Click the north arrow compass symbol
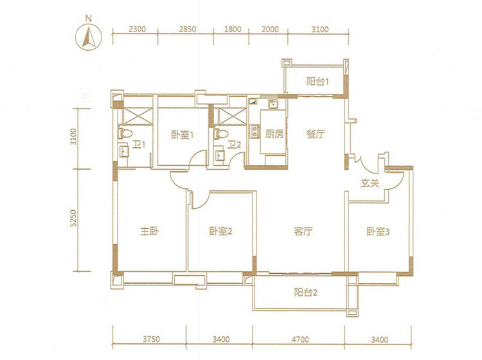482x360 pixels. [x=89, y=37]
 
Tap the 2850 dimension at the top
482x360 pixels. [x=188, y=29]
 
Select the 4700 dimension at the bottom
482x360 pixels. [x=300, y=339]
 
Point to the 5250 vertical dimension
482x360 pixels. [x=73, y=219]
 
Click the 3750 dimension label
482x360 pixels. [x=151, y=339]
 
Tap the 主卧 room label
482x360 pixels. [x=149, y=231]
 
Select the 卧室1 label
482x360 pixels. [x=182, y=134]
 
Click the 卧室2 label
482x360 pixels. [x=220, y=231]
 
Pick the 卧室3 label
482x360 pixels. [x=378, y=231]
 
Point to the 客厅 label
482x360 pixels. [x=303, y=231]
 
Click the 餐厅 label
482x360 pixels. [x=316, y=134]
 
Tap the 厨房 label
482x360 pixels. [x=274, y=134]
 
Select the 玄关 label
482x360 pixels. [x=370, y=183]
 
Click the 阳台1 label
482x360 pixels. [x=318, y=82]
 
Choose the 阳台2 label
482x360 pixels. [x=305, y=292]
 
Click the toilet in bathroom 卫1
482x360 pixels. [x=125, y=134]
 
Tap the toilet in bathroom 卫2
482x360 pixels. [x=221, y=134]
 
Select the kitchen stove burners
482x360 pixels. [x=254, y=132]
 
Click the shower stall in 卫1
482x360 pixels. [x=138, y=116]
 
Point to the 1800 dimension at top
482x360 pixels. [x=233, y=29]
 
